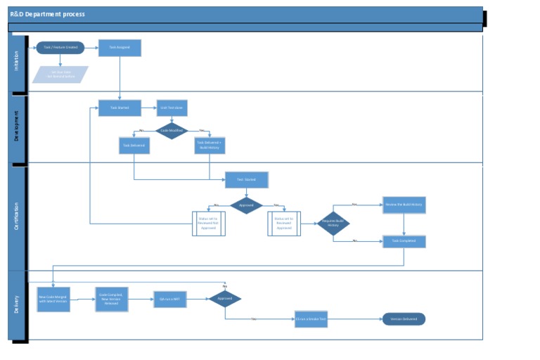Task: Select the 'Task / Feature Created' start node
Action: point(60,48)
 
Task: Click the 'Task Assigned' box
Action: point(120,48)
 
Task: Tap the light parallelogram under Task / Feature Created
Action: point(60,75)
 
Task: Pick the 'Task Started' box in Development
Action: point(120,108)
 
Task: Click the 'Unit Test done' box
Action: point(172,108)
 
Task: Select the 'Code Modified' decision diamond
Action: point(172,131)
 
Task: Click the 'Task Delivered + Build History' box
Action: point(209,145)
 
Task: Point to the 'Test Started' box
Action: point(247,180)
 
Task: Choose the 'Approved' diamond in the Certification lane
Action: point(247,205)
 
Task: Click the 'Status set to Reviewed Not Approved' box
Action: point(209,223)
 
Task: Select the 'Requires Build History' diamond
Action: point(333,223)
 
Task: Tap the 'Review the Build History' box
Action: point(404,205)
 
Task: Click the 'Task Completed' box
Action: point(404,241)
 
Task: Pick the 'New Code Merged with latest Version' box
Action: point(53,299)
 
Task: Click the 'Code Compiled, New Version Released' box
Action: point(112,299)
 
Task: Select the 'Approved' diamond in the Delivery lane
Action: point(225,299)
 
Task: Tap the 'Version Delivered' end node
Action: point(404,319)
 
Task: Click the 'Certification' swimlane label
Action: point(18,217)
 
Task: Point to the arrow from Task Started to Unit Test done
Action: point(149,108)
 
